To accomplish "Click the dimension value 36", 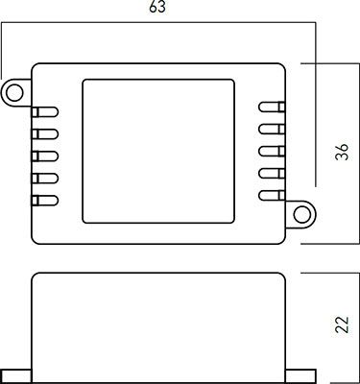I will point(341,153).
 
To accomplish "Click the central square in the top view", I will point(158,152).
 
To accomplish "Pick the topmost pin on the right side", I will point(270,108).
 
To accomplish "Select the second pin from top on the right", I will point(270,129).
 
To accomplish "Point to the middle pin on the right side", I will point(270,151).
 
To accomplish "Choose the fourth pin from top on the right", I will point(270,173).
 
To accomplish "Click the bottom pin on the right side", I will point(270,195).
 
